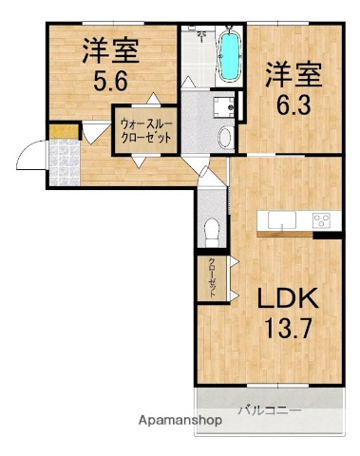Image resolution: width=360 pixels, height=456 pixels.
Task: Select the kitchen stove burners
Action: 321,221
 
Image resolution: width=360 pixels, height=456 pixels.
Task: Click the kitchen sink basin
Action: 283,221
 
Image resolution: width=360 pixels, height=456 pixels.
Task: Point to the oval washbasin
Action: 224,138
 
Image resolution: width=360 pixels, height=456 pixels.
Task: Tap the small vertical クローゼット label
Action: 212,278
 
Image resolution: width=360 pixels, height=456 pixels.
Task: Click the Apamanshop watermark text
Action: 181,419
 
